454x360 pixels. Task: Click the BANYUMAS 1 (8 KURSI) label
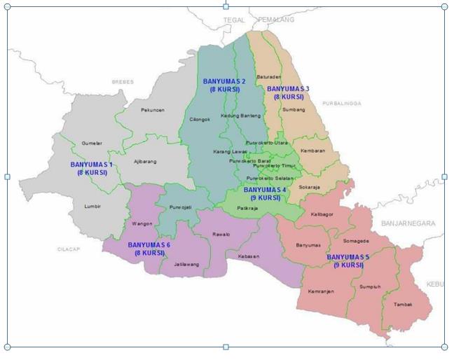pyautogui.click(x=92, y=168)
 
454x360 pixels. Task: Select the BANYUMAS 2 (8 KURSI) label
pyautogui.click(x=224, y=85)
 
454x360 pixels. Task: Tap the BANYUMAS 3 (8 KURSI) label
pyautogui.click(x=288, y=92)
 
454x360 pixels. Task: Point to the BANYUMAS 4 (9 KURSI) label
pyautogui.click(x=265, y=193)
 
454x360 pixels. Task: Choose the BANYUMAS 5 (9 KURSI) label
pyautogui.click(x=348, y=261)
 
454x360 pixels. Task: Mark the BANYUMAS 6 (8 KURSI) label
pyautogui.click(x=149, y=249)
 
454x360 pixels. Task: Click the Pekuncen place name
pyautogui.click(x=152, y=110)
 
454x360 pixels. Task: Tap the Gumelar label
pyautogui.click(x=92, y=142)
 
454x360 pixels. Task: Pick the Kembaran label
pyautogui.click(x=312, y=151)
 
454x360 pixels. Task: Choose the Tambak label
pyautogui.click(x=403, y=304)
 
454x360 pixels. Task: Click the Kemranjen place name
pyautogui.click(x=321, y=291)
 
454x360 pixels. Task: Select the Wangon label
pyautogui.click(x=142, y=224)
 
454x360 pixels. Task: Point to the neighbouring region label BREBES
pyautogui.click(x=123, y=82)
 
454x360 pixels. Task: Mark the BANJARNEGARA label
pyautogui.click(x=408, y=223)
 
